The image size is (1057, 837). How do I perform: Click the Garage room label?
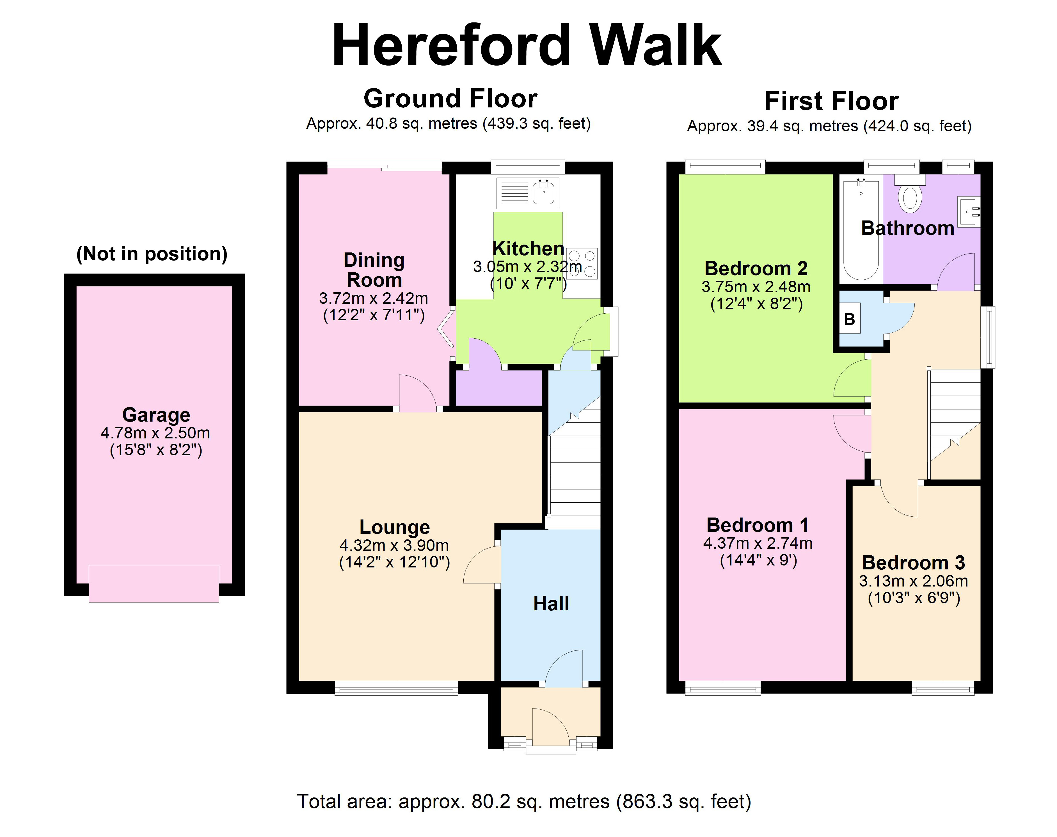click(156, 415)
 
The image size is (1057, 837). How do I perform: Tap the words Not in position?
click(152, 254)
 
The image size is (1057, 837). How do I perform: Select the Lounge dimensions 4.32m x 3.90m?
click(394, 545)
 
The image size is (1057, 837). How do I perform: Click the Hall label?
click(551, 604)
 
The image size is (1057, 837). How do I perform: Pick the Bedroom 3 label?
click(913, 563)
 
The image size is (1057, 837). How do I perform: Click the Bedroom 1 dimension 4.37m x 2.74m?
click(758, 543)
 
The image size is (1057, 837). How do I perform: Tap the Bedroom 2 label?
click(756, 268)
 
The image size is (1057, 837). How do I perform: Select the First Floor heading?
click(831, 102)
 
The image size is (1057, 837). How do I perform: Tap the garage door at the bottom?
click(154, 583)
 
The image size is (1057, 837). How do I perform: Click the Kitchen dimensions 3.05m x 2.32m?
click(528, 266)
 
